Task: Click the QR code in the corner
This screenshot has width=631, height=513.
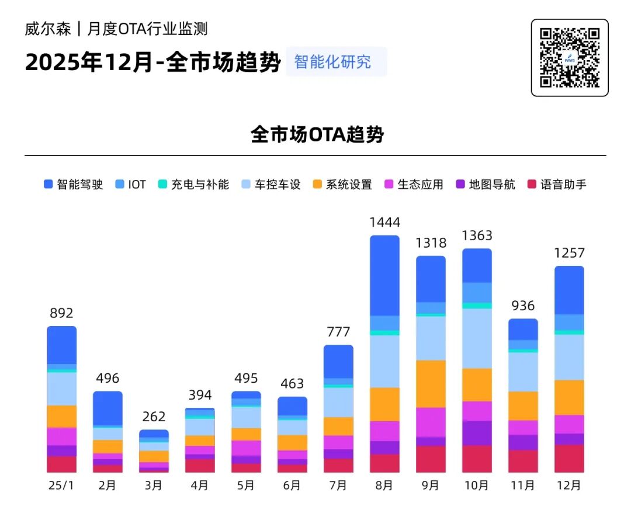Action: click(569, 57)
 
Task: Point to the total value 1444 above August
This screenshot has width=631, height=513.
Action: click(384, 223)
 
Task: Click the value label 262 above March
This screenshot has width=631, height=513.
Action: click(154, 417)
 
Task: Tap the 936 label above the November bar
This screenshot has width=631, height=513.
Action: click(523, 306)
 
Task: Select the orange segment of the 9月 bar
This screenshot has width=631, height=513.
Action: click(431, 384)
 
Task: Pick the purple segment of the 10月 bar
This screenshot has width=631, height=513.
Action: click(477, 433)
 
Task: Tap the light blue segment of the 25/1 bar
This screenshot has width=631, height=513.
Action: click(62, 389)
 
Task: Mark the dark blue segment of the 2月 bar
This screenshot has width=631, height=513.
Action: click(108, 408)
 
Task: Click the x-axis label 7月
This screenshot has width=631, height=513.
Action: click(338, 486)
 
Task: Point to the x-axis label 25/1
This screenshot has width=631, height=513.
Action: click(61, 486)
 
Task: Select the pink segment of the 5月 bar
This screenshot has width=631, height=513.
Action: click(246, 448)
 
